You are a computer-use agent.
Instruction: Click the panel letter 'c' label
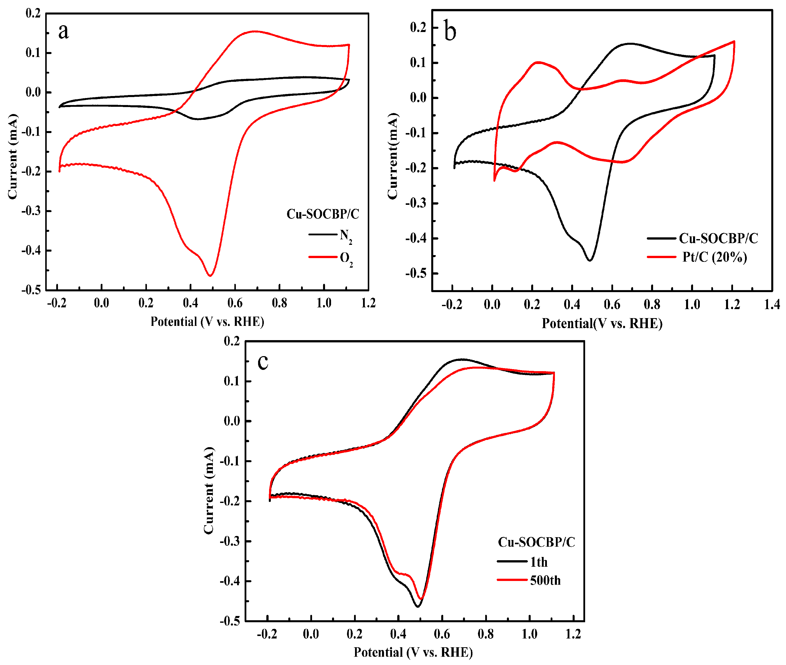click(x=263, y=362)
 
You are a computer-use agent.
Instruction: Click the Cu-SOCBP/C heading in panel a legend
click(x=323, y=214)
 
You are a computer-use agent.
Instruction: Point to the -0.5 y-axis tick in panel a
click(x=31, y=290)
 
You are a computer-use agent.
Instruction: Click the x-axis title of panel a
click(x=207, y=322)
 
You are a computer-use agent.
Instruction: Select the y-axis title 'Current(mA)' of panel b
click(x=393, y=156)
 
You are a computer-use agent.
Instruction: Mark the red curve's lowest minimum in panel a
click(x=210, y=276)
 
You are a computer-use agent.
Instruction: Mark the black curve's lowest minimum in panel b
click(x=590, y=260)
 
